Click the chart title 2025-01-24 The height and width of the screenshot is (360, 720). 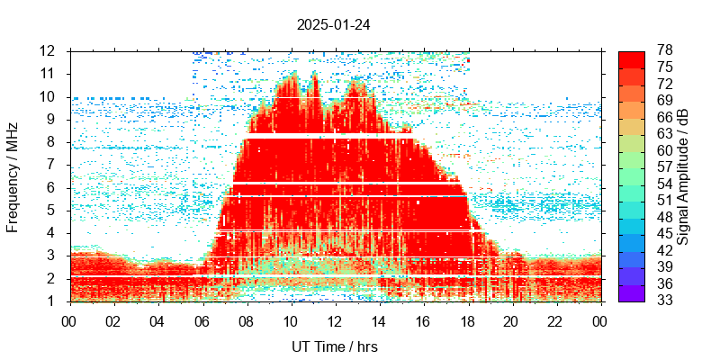(x=333, y=24)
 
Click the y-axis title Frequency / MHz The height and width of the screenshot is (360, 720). (x=13, y=175)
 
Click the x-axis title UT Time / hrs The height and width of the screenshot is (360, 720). (x=334, y=346)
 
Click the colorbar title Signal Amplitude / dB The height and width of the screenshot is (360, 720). (x=683, y=175)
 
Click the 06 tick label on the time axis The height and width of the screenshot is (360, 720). (x=202, y=320)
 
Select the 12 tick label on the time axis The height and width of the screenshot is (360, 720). (x=334, y=320)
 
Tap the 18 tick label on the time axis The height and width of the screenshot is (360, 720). (x=467, y=320)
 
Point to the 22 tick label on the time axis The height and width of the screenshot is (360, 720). (x=555, y=320)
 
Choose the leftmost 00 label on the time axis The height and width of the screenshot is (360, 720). (x=69, y=320)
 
